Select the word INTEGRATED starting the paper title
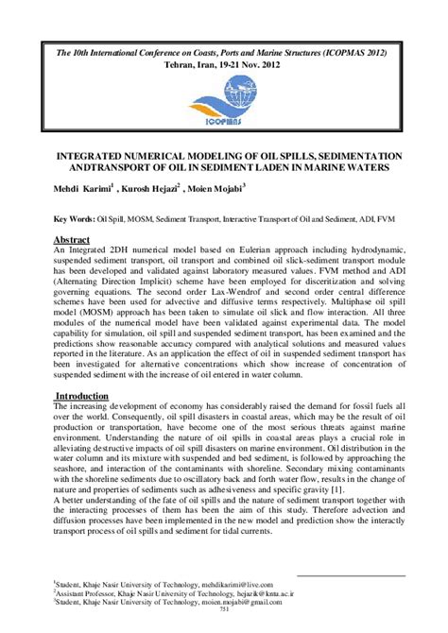click(x=83, y=154)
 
